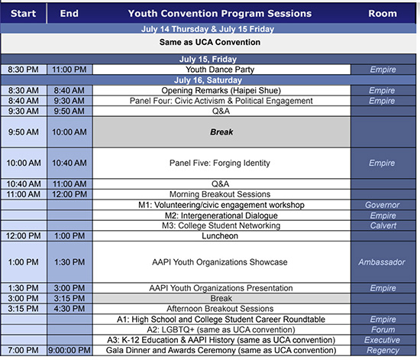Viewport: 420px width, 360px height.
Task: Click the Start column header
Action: pos(24,14)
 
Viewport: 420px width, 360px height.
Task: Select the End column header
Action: pos(69,14)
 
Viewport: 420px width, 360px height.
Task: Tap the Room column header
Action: pos(383,14)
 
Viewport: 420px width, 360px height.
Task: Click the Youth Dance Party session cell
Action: pos(221,70)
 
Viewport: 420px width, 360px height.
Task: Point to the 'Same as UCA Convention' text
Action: pos(210,42)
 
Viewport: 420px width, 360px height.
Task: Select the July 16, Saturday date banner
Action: pos(208,80)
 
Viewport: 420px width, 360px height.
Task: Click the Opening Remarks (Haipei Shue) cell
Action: pos(221,90)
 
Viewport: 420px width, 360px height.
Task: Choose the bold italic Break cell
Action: pos(221,132)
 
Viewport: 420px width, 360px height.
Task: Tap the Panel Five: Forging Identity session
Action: pos(221,163)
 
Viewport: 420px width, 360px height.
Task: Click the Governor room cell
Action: pos(383,205)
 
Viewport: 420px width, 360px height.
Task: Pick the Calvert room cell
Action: pos(383,225)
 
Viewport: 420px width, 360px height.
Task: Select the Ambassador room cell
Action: pos(383,262)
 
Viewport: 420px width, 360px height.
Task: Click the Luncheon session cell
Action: pos(221,236)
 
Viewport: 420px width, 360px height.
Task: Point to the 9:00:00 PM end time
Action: pos(69,350)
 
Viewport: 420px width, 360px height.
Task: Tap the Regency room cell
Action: pos(383,350)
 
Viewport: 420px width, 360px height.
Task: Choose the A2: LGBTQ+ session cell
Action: pos(221,329)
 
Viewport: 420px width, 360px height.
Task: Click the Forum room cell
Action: pos(383,329)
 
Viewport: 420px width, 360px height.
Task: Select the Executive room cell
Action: pos(383,340)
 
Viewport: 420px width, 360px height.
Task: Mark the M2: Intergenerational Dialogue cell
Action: pos(221,216)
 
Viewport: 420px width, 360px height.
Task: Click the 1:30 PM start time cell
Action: pos(24,288)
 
